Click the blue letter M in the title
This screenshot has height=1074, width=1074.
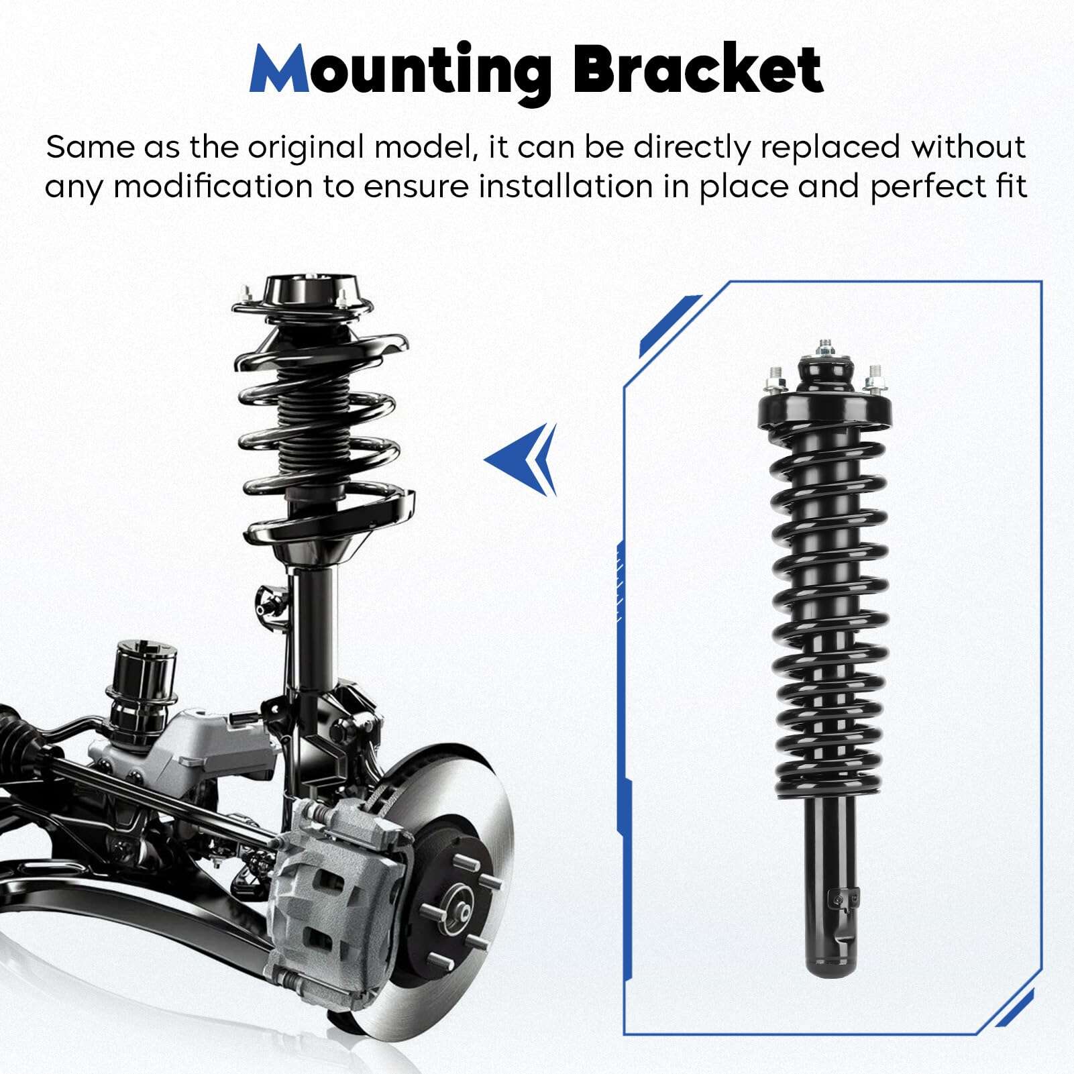coord(279,69)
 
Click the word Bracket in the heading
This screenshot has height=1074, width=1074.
coord(698,68)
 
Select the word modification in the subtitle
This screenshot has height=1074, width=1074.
coord(212,186)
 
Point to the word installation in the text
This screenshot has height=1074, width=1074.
coord(566,186)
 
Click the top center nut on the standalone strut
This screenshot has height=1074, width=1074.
coord(825,350)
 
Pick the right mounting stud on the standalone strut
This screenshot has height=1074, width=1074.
coord(874,380)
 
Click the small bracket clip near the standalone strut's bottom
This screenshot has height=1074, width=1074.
coord(843,900)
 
